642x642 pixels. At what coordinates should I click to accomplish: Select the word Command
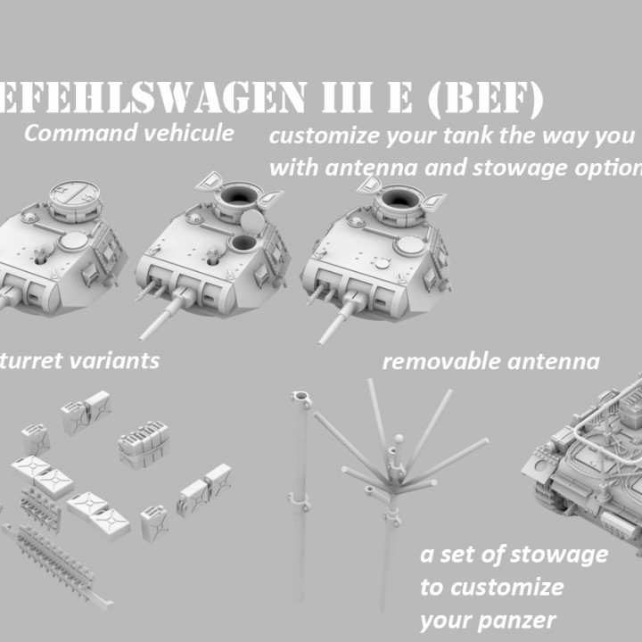[x=72, y=134]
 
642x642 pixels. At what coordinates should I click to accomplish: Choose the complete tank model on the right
[x=588, y=455]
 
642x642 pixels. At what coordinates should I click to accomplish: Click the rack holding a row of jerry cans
[x=143, y=442]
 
